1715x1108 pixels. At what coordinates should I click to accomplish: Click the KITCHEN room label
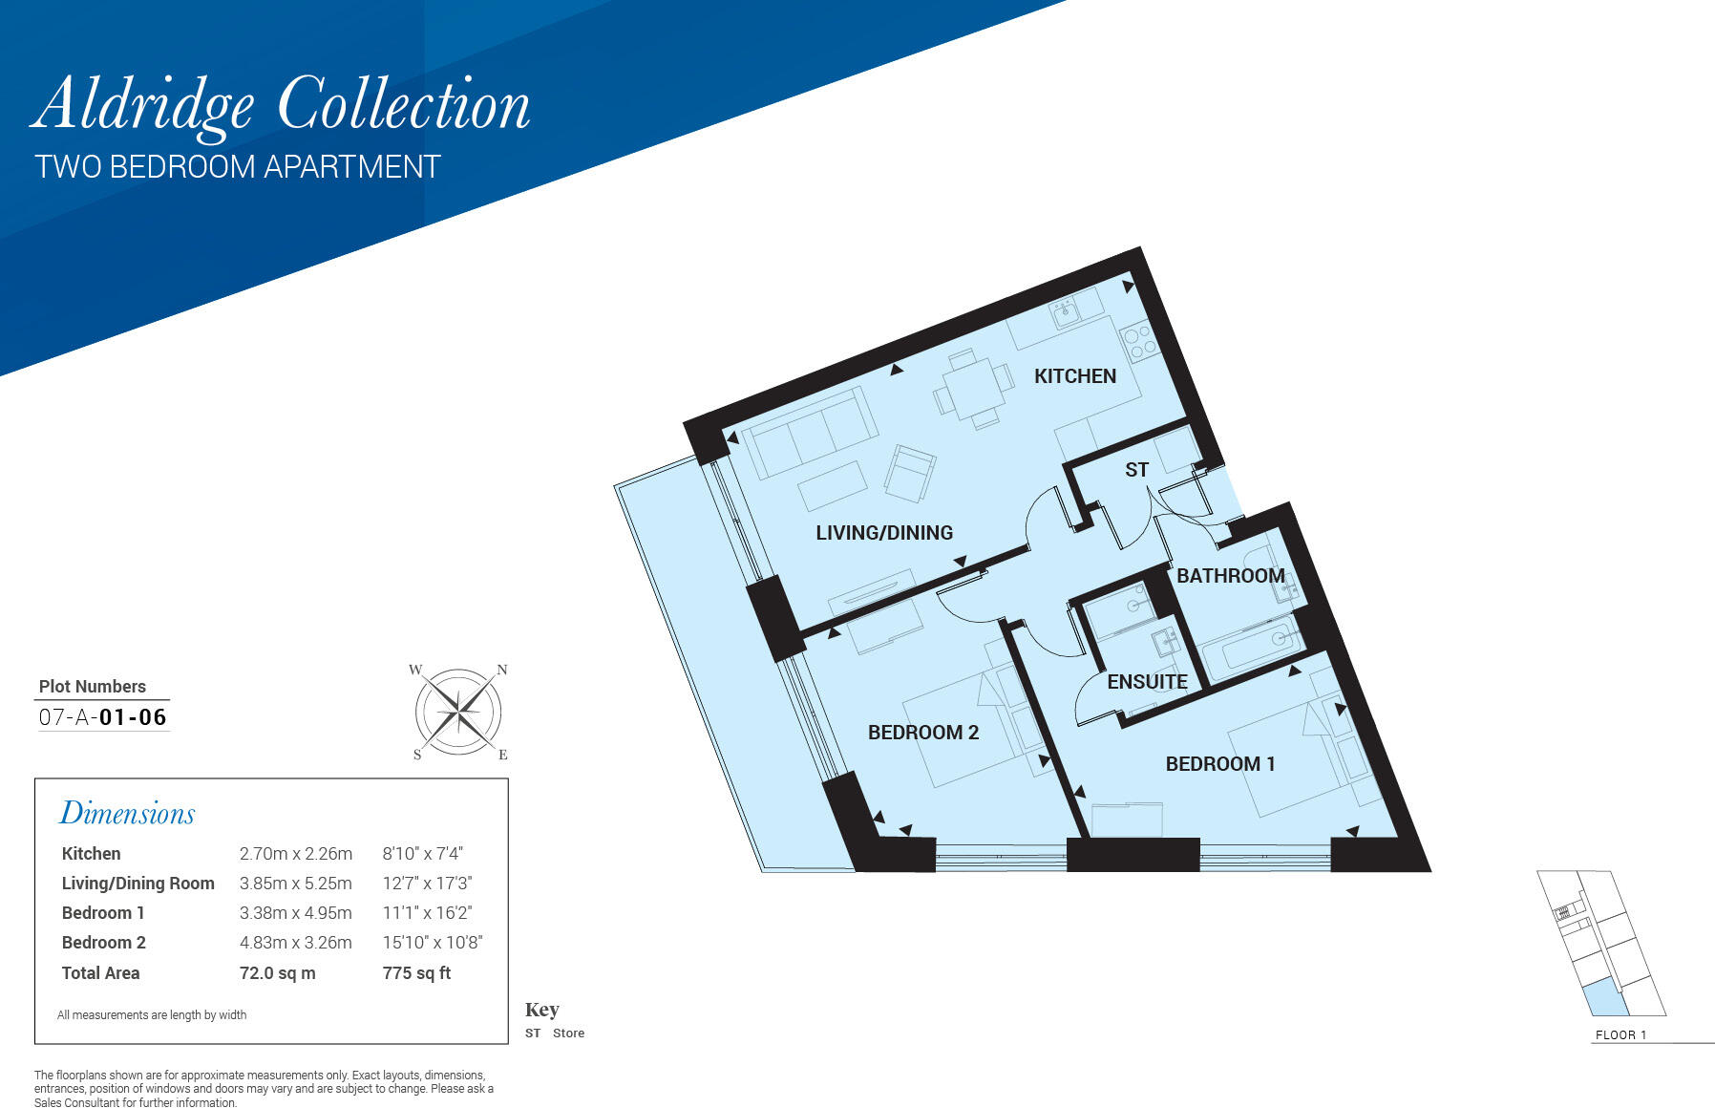tap(1074, 376)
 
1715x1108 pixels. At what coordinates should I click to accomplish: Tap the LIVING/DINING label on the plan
tap(883, 533)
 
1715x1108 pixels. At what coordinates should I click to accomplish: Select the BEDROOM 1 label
tap(1219, 764)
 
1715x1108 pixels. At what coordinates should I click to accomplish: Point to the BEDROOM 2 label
tap(922, 733)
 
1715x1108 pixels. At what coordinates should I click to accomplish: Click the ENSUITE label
tap(1147, 682)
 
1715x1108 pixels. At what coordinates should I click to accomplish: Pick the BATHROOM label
tap(1230, 576)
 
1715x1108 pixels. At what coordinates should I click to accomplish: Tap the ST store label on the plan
tap(1136, 470)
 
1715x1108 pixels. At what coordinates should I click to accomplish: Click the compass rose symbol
tap(458, 713)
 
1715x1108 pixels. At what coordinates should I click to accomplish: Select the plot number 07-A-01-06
tap(103, 717)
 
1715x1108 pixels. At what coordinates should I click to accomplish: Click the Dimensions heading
tap(127, 814)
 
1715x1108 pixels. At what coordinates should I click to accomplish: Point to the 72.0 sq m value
tap(277, 973)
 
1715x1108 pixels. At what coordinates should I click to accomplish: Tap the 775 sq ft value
tap(416, 973)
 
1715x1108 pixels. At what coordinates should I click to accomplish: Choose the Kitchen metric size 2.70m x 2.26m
tap(295, 854)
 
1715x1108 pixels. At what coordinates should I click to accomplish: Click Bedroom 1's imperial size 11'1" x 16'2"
tap(427, 913)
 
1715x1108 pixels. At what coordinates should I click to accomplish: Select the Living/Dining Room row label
tap(138, 884)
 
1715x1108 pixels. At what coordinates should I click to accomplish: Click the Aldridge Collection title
tap(281, 105)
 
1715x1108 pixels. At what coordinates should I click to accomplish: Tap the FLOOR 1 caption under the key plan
tap(1620, 1035)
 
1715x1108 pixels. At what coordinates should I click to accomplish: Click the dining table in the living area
tap(972, 390)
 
